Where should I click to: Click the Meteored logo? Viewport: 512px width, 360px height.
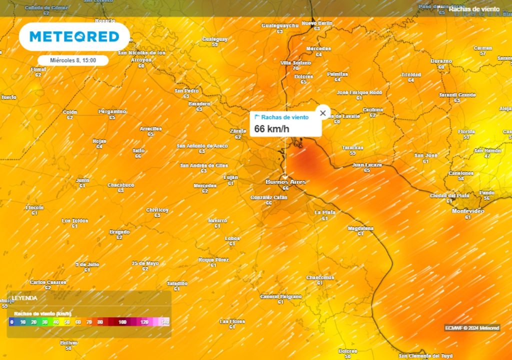point(74,36)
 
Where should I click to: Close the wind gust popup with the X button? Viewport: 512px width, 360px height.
point(322,113)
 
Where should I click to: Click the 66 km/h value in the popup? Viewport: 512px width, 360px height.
point(271,128)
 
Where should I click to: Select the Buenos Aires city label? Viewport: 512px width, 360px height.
point(285,182)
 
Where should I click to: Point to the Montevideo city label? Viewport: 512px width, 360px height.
point(467,211)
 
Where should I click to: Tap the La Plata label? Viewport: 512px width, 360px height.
point(324,212)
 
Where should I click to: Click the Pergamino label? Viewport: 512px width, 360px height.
point(112,111)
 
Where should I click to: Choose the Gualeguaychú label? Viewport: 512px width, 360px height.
point(280,25)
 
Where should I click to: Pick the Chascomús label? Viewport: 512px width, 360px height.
point(320,277)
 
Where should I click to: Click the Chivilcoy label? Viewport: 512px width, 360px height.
point(157,210)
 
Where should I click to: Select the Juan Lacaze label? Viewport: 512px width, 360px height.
point(367,164)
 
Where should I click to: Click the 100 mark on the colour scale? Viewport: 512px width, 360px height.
point(122,322)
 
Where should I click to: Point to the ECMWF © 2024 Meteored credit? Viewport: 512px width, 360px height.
point(471,328)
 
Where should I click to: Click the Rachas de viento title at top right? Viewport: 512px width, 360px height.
point(473,8)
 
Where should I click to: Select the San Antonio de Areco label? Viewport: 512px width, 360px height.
point(202,145)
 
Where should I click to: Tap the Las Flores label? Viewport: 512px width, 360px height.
point(232,321)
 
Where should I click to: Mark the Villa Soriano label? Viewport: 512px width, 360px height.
point(295,62)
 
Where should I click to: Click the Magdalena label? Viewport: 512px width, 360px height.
point(360,228)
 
